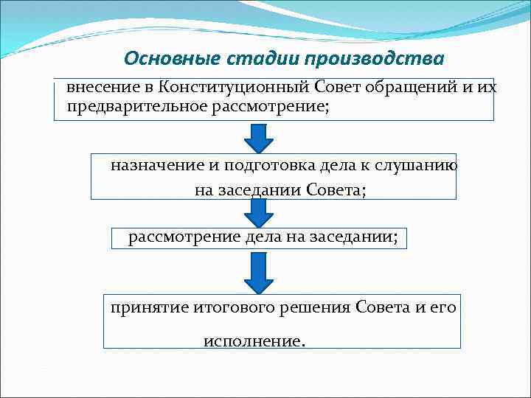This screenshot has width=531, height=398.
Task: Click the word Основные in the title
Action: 162,58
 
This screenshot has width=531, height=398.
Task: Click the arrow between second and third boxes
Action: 259,213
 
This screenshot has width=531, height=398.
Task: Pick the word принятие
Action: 144,307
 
